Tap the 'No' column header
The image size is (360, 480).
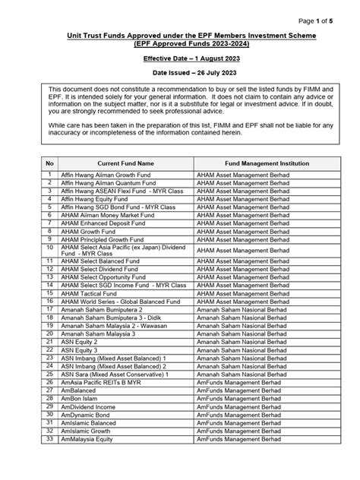pyautogui.click(x=50, y=163)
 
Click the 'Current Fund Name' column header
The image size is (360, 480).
pyautogui.click(x=125, y=163)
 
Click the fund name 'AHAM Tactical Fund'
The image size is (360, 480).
pyautogui.click(x=89, y=293)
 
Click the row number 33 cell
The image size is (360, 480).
pyautogui.click(x=50, y=438)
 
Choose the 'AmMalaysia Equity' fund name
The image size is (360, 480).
pyautogui.click(x=87, y=438)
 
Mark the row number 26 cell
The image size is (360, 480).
pyautogui.click(x=50, y=382)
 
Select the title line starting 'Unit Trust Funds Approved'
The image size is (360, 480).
pyautogui.click(x=179, y=36)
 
